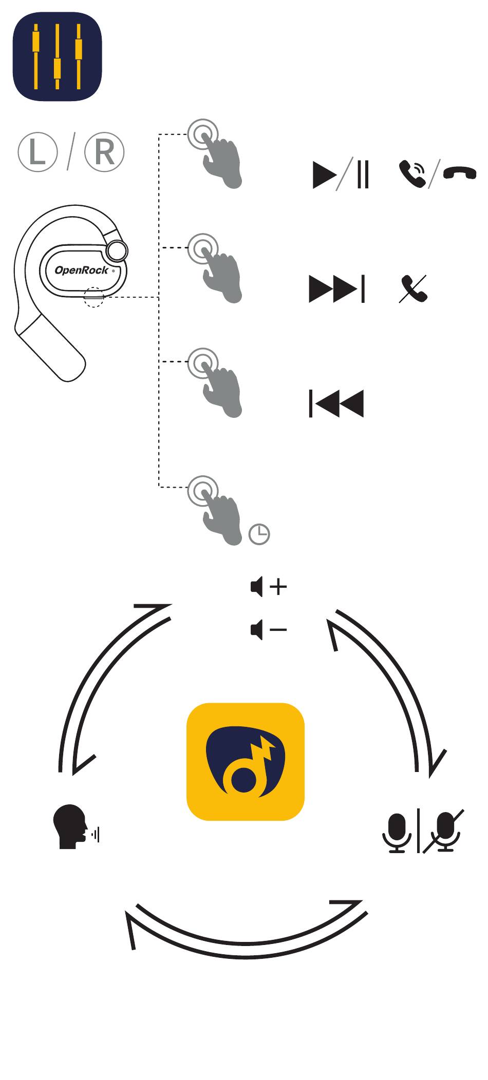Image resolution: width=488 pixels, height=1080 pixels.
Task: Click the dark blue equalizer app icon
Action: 57,56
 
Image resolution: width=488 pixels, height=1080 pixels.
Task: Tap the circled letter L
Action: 37,152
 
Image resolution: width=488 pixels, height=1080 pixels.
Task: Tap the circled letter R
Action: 104,152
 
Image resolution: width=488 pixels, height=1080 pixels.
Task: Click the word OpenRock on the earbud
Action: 81,270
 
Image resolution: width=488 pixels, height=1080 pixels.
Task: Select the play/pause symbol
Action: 341,175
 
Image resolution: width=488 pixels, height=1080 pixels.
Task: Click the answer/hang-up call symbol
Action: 437,175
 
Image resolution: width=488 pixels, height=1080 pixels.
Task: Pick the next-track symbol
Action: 337,289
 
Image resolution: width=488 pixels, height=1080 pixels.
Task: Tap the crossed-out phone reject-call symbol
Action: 414,289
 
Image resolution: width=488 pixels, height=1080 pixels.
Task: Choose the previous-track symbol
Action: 336,403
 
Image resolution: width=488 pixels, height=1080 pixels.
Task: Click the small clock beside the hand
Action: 259,534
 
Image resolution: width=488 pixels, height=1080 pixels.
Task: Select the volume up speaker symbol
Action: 269,586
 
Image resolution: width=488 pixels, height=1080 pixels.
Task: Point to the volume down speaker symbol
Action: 269,629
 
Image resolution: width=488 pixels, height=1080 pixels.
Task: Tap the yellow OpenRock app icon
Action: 246,762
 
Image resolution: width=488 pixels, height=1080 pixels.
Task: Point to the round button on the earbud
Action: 117,251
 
